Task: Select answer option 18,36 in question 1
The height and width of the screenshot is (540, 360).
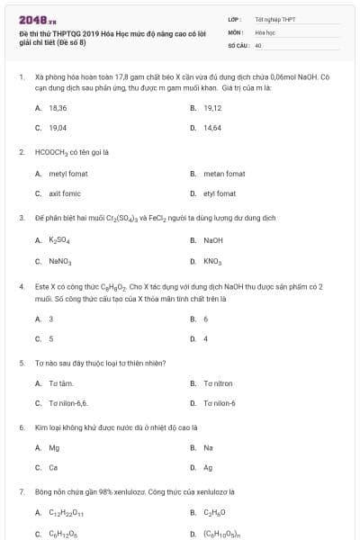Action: pyautogui.click(x=58, y=107)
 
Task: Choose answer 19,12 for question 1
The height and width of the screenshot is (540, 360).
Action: pyautogui.click(x=212, y=107)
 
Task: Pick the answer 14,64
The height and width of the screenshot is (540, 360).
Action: pyautogui.click(x=212, y=128)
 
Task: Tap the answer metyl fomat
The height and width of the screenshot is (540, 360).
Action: pyautogui.click(x=65, y=173)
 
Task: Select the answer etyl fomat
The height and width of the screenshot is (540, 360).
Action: pyautogui.click(x=220, y=193)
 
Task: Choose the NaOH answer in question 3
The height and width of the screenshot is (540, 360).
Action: pyautogui.click(x=212, y=240)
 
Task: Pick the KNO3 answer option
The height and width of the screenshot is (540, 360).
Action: pyautogui.click(x=212, y=261)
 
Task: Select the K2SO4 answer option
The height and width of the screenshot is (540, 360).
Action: pyautogui.click(x=59, y=240)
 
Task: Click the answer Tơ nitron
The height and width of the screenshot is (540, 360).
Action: pyautogui.click(x=217, y=382)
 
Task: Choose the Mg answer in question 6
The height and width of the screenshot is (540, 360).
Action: pyautogui.click(x=54, y=447)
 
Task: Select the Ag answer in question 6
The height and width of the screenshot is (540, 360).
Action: pyautogui.click(x=208, y=468)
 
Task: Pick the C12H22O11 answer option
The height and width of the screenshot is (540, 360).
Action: pyautogui.click(x=65, y=513)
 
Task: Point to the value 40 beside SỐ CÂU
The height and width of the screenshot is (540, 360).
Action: pyautogui.click(x=258, y=45)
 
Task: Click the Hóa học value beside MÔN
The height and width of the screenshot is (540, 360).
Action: pyautogui.click(x=265, y=31)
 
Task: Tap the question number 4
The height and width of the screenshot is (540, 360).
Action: pyautogui.click(x=21, y=285)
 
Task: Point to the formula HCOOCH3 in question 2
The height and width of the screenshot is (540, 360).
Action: pyautogui.click(x=59, y=152)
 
